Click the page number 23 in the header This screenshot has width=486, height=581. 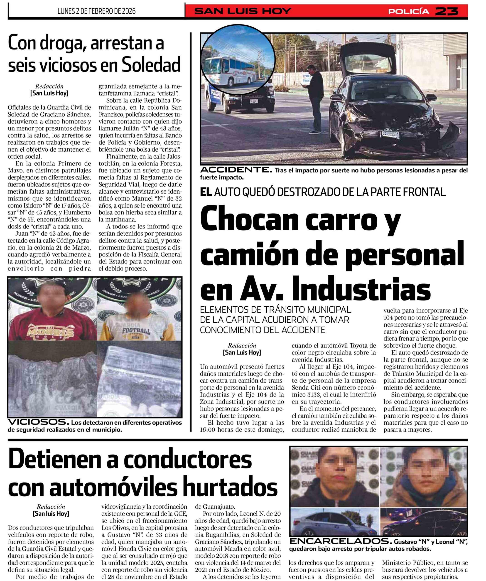447,11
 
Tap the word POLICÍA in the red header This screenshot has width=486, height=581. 409,11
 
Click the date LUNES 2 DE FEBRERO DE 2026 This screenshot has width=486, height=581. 96,11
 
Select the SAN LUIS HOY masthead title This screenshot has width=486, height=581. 243,11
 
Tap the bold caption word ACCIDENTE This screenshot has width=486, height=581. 236,170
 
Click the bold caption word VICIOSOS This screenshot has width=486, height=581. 37,422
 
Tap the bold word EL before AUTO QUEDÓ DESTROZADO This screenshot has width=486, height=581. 206,192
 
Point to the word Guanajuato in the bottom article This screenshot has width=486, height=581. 215,507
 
